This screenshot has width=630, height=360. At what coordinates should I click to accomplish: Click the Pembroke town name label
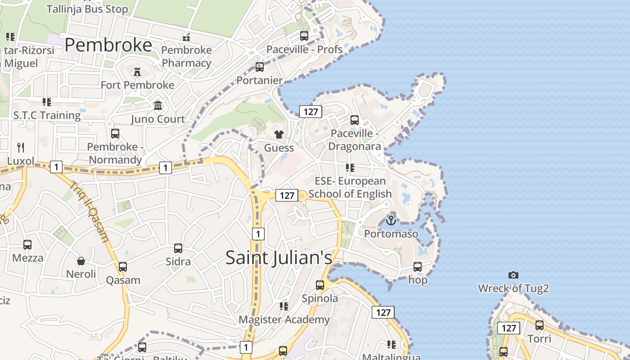click(x=108, y=45)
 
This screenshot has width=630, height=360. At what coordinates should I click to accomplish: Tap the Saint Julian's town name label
click(x=279, y=257)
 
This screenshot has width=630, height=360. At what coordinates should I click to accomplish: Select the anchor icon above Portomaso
click(x=391, y=220)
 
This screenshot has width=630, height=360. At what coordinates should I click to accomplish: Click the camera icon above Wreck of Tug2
click(x=513, y=275)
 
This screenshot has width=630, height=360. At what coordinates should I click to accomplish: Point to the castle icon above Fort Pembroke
click(x=137, y=72)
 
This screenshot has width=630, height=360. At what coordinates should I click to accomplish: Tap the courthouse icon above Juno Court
click(x=158, y=106)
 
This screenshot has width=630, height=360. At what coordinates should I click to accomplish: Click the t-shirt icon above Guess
click(x=279, y=135)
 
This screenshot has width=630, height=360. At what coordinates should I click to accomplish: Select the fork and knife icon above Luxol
click(x=20, y=147)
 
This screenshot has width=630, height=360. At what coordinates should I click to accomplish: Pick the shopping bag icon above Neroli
click(x=81, y=261)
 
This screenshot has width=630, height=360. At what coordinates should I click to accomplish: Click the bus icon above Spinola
click(x=319, y=285)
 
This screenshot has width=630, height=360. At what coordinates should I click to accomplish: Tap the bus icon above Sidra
click(x=178, y=248)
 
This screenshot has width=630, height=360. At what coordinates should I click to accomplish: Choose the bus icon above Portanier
click(x=259, y=67)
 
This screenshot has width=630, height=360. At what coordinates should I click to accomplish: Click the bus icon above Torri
click(x=539, y=325)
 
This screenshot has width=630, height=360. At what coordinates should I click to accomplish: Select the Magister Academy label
click(x=284, y=319)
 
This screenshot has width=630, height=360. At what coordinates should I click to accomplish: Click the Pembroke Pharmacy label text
click(x=186, y=56)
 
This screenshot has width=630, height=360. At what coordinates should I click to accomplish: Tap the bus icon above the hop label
click(x=418, y=266)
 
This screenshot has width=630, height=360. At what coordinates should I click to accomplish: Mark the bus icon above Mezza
click(x=27, y=245)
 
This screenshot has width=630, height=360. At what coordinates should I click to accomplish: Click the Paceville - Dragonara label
click(x=355, y=139)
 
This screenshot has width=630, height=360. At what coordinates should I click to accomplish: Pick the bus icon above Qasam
click(x=123, y=266)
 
